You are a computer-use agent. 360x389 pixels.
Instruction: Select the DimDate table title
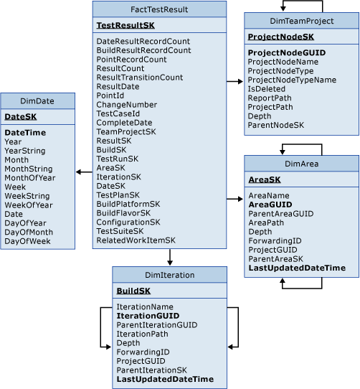tap(37, 100)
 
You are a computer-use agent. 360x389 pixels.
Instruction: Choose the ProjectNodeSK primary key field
tap(276, 37)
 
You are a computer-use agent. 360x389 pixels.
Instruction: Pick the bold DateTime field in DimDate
tap(25, 132)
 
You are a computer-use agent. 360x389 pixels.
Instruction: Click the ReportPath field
tap(270, 99)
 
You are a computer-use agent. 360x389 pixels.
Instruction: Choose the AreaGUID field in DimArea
tap(270, 204)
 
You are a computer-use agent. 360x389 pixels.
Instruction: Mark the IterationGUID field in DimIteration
tap(147, 315)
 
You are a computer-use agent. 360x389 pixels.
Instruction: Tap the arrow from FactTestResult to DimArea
tap(235, 198)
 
